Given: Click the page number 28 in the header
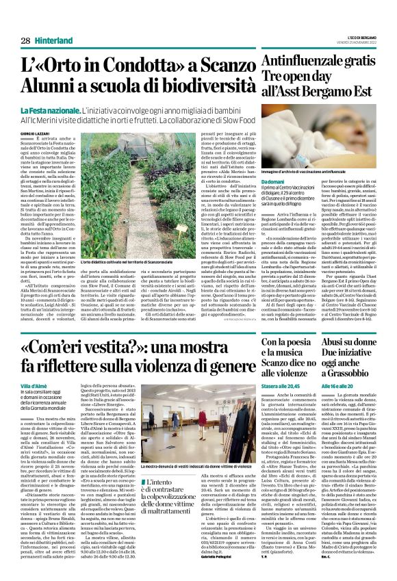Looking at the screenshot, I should point(25,21).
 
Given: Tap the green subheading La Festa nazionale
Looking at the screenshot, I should point(48,111).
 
